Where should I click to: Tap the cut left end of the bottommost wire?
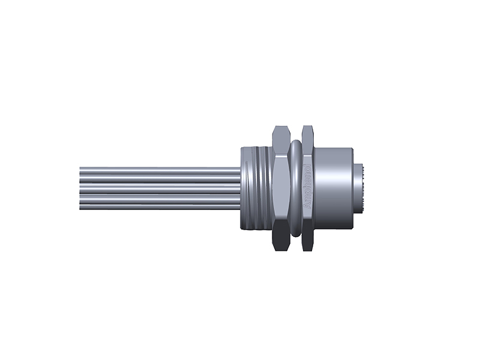tap(81, 206)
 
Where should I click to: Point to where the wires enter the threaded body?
tap(239, 188)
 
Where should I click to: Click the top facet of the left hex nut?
tap(280, 133)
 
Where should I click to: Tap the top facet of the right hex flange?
tap(308, 133)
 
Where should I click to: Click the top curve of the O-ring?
tap(295, 144)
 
